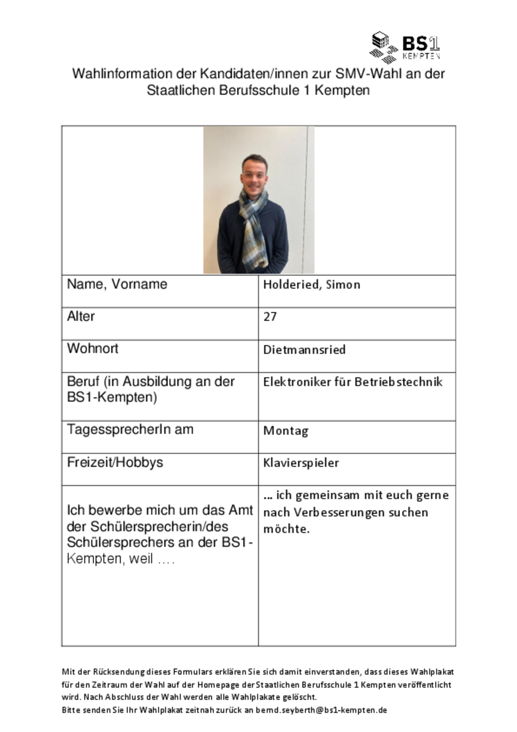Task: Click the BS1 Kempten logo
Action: click(x=404, y=47)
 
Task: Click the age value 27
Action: click(x=270, y=317)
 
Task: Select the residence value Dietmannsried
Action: click(x=304, y=350)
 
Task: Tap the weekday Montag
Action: click(x=286, y=430)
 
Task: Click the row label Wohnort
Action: click(x=92, y=349)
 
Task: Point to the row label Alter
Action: click(x=81, y=316)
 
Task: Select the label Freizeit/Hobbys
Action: click(x=115, y=462)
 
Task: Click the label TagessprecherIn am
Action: click(x=130, y=430)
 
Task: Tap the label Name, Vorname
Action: click(x=117, y=284)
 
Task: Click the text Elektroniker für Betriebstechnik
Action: click(x=353, y=382)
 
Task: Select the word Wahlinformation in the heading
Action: click(x=122, y=74)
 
